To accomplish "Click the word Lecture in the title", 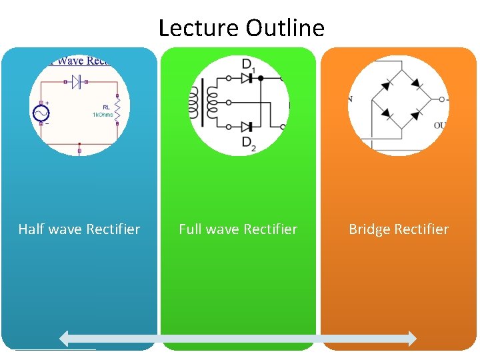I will coord(199,28).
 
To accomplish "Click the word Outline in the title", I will coord(285,28).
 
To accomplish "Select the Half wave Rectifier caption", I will coord(79,229).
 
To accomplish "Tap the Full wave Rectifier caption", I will coord(238,229).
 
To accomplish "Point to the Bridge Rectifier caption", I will coord(399,229).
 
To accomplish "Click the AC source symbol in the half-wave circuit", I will coord(41,114).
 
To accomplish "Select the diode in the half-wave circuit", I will coord(78,82).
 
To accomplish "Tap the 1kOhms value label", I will coord(103,115).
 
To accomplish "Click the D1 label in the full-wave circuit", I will coord(248,65).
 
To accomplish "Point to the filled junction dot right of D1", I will coord(261,78).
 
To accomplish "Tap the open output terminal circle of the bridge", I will coord(441,99).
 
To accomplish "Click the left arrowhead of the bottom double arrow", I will coord(65,339).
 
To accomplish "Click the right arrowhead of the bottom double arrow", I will coord(411,339).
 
